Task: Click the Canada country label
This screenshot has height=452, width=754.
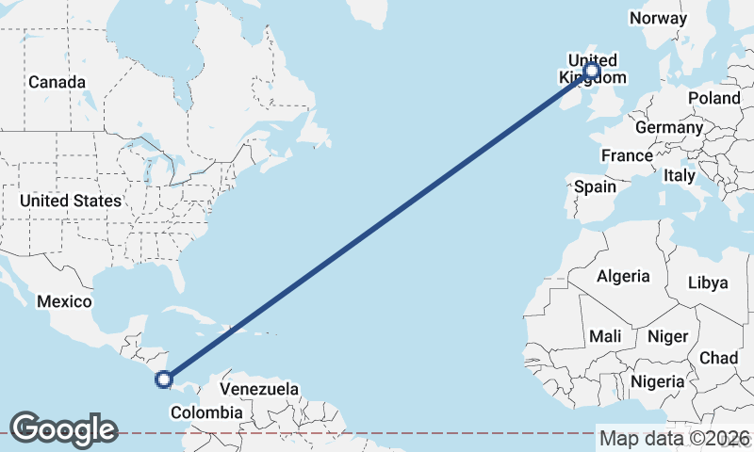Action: (x=57, y=82)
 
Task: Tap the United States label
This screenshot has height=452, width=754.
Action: (x=71, y=201)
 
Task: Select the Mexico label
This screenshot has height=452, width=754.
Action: (x=64, y=301)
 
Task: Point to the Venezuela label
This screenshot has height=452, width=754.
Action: (x=259, y=388)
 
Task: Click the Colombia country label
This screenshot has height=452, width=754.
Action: (x=206, y=412)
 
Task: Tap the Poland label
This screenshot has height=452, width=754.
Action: (x=713, y=98)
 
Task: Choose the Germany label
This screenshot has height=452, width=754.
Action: (x=669, y=127)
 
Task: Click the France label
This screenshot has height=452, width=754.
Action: (x=627, y=155)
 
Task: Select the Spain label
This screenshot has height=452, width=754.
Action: (x=596, y=186)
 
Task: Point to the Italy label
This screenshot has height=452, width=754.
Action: (x=679, y=175)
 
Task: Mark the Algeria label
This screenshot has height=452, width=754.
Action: (x=623, y=276)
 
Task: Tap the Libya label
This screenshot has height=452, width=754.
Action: (x=708, y=282)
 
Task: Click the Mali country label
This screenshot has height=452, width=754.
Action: (x=605, y=336)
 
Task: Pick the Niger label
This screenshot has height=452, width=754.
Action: (x=668, y=336)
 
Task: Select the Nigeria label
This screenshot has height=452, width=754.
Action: (x=657, y=381)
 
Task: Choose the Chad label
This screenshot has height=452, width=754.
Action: (x=718, y=358)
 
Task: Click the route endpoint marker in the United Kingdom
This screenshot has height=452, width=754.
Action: (x=592, y=71)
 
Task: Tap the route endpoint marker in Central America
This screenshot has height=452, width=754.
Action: (x=164, y=379)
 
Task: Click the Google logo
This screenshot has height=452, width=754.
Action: (x=62, y=429)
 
